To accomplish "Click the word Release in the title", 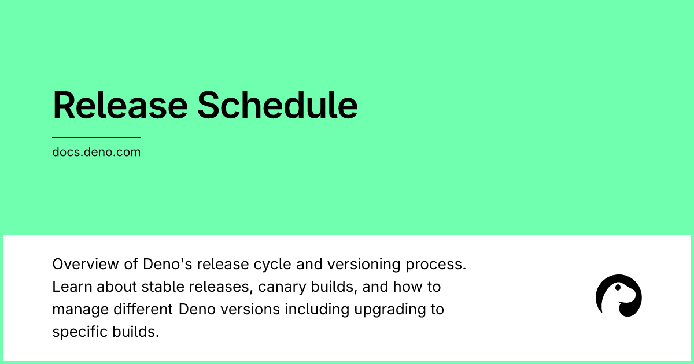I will (x=119, y=105).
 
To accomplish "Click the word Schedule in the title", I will (x=277, y=105).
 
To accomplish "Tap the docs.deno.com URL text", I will (x=96, y=153).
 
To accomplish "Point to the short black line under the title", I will (x=96, y=138).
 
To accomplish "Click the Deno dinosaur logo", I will (x=618, y=296).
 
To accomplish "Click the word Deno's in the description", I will (x=167, y=264).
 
